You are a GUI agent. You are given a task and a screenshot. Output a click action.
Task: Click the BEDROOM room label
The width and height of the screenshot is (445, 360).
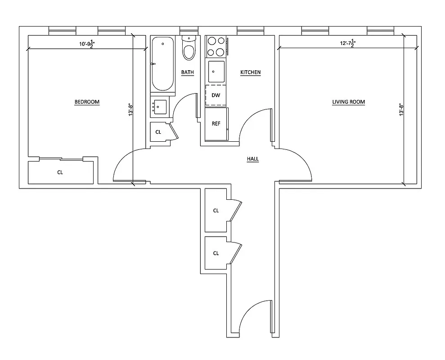[87, 102]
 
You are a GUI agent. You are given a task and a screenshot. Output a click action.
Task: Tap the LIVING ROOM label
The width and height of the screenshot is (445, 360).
[348, 102]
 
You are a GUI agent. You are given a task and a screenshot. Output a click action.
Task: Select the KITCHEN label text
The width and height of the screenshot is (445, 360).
[250, 72]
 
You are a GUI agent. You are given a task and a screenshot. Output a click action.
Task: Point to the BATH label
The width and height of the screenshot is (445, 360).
[187, 72]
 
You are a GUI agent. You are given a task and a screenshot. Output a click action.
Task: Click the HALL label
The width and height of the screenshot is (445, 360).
[253, 159]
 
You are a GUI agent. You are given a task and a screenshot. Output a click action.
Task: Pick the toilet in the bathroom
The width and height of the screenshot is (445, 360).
[189, 49]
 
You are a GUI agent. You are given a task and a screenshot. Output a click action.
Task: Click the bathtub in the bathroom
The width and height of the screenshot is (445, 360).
[162, 64]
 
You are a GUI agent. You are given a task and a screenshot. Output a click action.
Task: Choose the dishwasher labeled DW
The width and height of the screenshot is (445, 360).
[216, 95]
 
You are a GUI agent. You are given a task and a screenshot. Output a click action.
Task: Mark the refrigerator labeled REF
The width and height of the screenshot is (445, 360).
[216, 124]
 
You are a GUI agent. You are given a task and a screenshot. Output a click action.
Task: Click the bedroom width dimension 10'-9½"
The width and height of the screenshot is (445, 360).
[83, 44]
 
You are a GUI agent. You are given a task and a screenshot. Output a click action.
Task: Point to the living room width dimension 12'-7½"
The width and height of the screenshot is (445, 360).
[347, 44]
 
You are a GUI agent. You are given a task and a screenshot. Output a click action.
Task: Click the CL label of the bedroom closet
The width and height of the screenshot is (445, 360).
[60, 172]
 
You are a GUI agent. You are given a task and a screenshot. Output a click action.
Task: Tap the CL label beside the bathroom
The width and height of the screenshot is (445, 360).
[158, 132]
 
